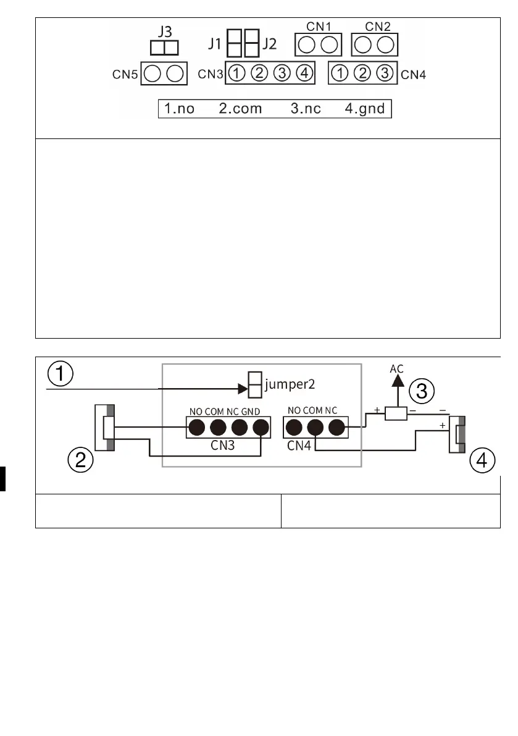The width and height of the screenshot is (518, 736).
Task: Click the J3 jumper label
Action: pyautogui.click(x=164, y=32)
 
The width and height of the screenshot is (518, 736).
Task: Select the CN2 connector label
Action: pyautogui.click(x=377, y=27)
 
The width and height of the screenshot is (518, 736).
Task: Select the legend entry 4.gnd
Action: pyautogui.click(x=364, y=109)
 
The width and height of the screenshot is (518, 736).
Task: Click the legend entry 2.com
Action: pyautogui.click(x=240, y=109)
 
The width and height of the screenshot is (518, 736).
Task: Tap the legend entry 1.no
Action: pyautogui.click(x=179, y=109)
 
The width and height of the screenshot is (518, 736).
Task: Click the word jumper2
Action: pyautogui.click(x=290, y=384)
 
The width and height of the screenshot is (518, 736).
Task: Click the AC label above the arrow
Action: pyautogui.click(x=397, y=368)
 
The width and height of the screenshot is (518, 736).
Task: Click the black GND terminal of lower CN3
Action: pyautogui.click(x=262, y=427)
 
